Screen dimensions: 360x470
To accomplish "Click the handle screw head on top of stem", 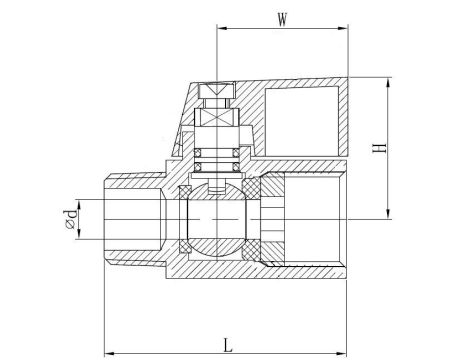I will tap(216, 92).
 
